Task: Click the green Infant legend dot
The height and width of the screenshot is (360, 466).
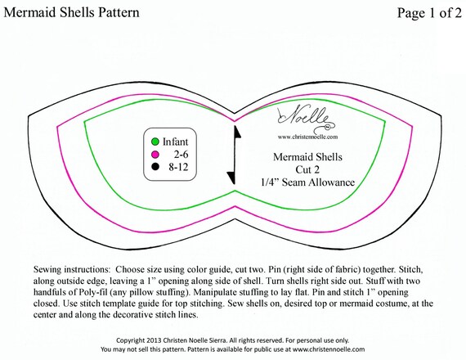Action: [155, 142]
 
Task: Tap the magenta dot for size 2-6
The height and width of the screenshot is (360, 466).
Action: [155, 155]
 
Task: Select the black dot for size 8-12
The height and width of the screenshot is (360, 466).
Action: [155, 167]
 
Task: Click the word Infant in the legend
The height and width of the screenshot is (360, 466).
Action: [175, 142]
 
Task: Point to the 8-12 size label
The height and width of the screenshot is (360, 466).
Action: [178, 167]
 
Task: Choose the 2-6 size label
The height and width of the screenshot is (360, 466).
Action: [181, 155]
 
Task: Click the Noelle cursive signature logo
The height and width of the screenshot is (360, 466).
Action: [307, 119]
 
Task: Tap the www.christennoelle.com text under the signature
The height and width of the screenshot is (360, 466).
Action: [308, 137]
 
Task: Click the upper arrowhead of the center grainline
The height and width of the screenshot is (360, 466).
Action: [237, 132]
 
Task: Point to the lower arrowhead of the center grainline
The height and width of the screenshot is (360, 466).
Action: [231, 178]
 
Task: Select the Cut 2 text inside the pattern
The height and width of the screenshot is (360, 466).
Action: [307, 169]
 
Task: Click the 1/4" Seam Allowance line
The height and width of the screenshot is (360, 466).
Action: [307, 182]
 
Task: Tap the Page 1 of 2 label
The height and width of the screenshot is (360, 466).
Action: [429, 13]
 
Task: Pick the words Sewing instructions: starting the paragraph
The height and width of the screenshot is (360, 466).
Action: [72, 269]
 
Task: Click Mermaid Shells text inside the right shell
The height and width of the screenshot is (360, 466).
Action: [307, 157]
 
